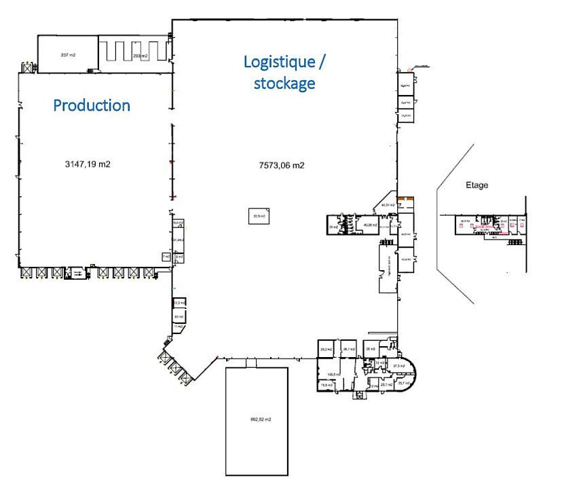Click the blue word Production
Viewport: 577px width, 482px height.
(92, 105)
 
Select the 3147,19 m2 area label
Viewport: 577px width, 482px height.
(88, 164)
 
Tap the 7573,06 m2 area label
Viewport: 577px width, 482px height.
(282, 165)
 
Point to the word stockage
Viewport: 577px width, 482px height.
(284, 84)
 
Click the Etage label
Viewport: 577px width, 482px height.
(477, 185)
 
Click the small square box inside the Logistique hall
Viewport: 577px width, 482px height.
(259, 217)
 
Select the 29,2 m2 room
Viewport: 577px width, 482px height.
(325, 349)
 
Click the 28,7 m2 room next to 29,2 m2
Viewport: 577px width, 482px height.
(349, 349)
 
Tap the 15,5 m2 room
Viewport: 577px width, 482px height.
(327, 385)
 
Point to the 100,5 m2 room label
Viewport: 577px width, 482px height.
(333, 373)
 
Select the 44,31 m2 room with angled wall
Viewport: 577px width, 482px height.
(388, 204)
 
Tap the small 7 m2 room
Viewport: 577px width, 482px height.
(166, 257)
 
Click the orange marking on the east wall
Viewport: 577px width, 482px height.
(406, 198)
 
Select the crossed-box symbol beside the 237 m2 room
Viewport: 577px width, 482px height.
(28, 68)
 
